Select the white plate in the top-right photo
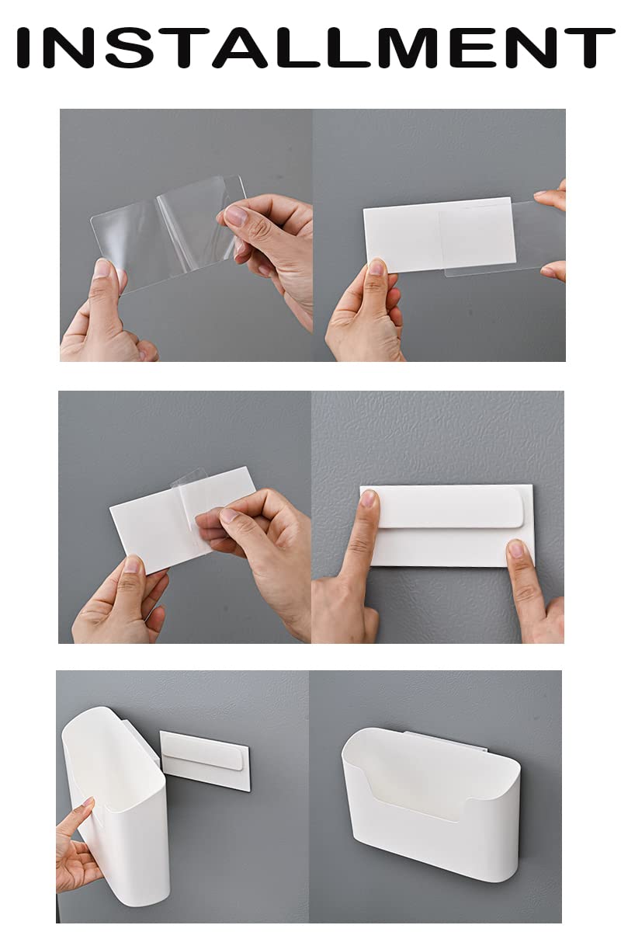click(x=439, y=235)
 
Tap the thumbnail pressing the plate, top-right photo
click(x=376, y=266)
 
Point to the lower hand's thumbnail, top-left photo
click(x=102, y=269)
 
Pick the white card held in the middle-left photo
click(x=183, y=520)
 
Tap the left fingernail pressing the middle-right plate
click(x=368, y=498)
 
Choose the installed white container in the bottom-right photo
click(x=431, y=801)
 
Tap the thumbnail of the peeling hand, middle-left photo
click(x=229, y=515)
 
